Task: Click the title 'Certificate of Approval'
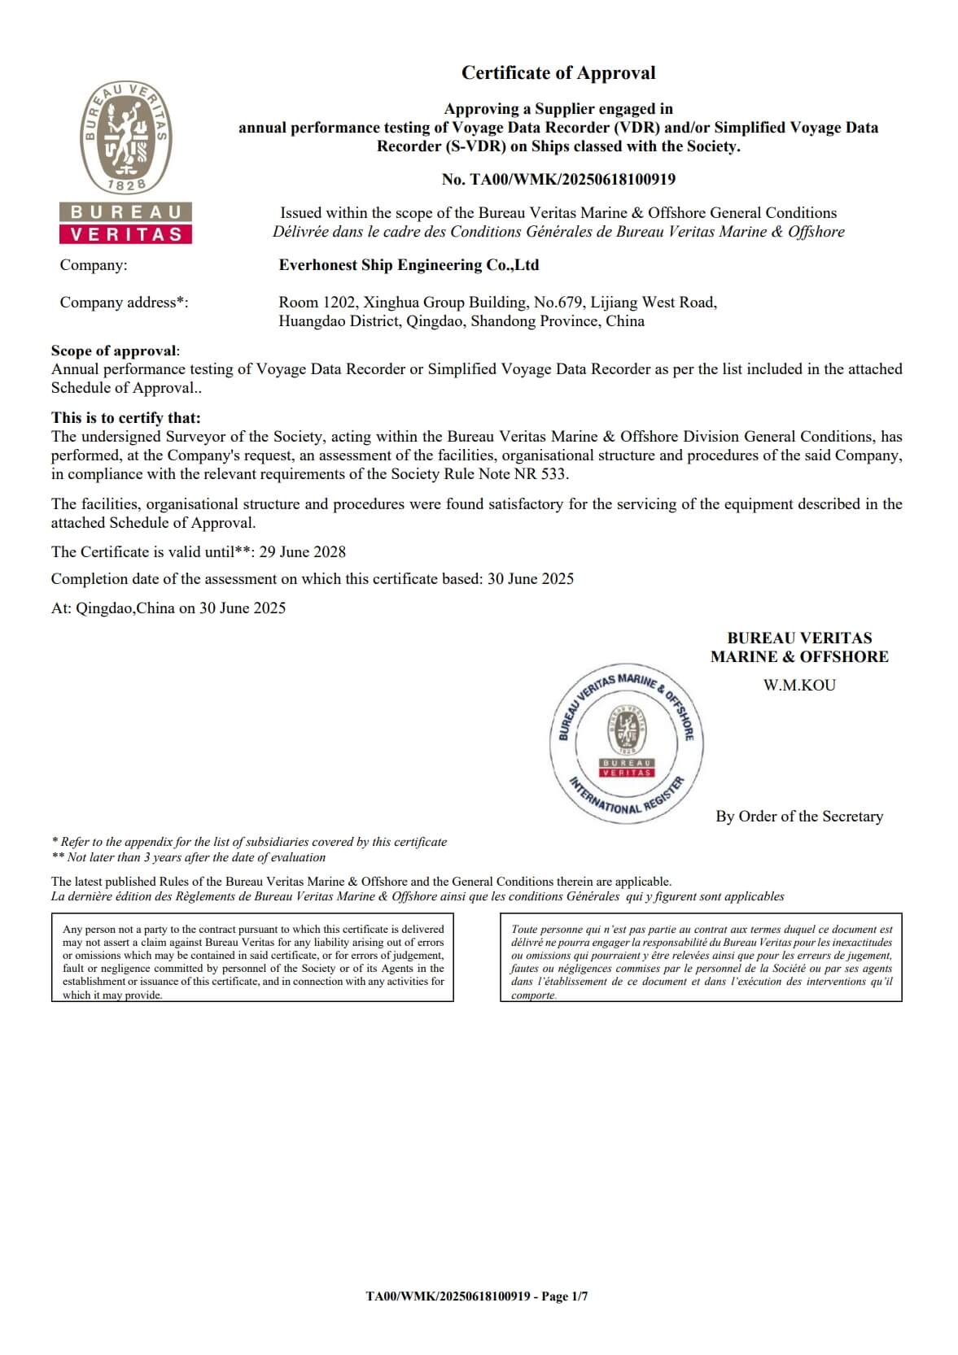point(558,73)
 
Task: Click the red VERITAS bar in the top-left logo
point(126,234)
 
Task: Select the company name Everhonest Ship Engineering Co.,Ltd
point(409,265)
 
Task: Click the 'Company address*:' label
point(124,303)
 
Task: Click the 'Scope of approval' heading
point(114,351)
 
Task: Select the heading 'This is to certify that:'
point(125,418)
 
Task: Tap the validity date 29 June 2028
point(302,552)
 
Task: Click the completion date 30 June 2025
point(530,579)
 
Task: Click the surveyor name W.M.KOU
point(799,685)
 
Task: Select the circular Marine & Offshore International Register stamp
point(626,743)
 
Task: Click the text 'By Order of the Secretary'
point(799,817)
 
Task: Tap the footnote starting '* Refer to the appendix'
point(249,842)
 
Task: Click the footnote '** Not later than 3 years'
point(188,857)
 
